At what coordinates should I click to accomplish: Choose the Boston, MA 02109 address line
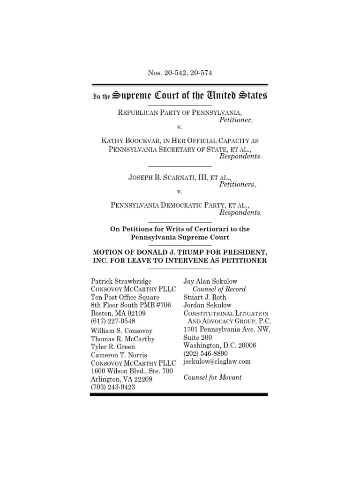pyautogui.click(x=118, y=313)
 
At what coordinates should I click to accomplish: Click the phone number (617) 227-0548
pyautogui.click(x=112, y=321)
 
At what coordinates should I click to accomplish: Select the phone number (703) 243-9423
pyautogui.click(x=112, y=387)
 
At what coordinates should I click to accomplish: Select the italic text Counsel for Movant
pyautogui.click(x=212, y=377)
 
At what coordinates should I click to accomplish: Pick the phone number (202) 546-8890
pyautogui.click(x=206, y=353)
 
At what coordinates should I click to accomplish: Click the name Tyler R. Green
pyautogui.click(x=113, y=347)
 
